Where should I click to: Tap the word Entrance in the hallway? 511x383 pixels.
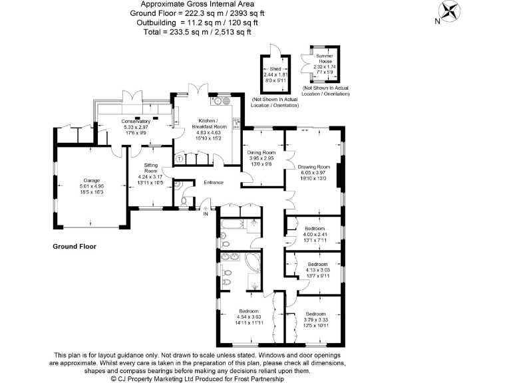214,183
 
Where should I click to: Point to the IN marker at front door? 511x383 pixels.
206,214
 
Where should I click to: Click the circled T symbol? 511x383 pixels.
180,159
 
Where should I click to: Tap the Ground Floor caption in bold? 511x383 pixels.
75,247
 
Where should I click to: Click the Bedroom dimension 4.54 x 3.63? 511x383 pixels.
249,317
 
